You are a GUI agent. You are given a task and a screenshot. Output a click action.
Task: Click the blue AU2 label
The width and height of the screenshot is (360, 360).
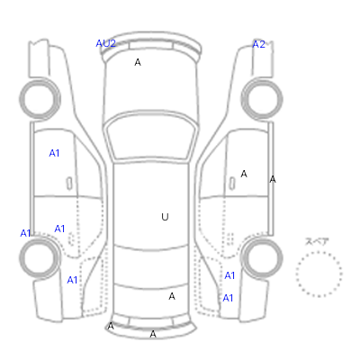tap(105, 43)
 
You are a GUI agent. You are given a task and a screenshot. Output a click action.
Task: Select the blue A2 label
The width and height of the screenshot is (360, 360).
tap(259, 44)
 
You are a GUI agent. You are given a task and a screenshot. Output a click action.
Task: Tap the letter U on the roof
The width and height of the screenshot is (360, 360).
tap(165, 217)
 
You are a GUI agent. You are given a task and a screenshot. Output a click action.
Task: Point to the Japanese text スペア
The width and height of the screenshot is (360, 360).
tap(317, 241)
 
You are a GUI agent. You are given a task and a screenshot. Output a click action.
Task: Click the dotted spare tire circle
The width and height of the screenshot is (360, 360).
tap(319, 252)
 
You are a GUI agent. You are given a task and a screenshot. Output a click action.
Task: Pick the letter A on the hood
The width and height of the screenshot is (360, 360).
tap(138, 62)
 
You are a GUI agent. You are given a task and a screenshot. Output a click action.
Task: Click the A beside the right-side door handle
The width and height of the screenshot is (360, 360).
tap(244, 174)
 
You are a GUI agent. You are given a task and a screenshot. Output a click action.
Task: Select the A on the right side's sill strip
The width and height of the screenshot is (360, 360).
tap(273, 179)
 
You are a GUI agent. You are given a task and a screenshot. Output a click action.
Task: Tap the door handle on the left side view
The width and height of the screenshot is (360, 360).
tap(69, 184)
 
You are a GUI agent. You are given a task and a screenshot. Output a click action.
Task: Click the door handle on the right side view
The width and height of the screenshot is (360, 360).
tap(232, 183)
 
